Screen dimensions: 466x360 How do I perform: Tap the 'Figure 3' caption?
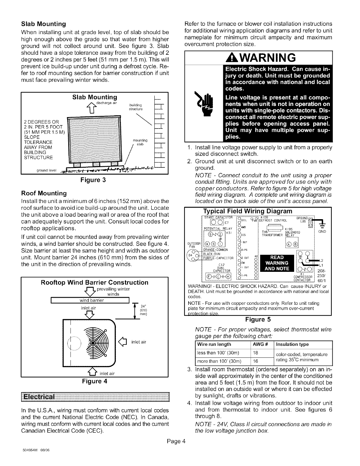(x=94, y=180)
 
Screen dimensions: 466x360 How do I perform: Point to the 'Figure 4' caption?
(x=94, y=382)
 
